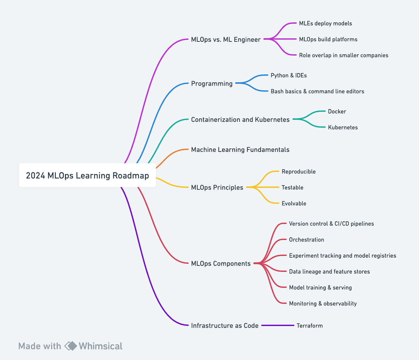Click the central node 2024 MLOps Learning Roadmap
point(87,175)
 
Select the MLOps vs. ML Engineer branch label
point(226,39)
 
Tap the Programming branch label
point(212,84)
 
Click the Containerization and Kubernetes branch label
point(240,120)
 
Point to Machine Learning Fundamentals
point(240,150)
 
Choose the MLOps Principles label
point(217,187)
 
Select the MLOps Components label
point(221,264)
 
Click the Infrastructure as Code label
point(225,325)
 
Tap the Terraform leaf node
point(309,325)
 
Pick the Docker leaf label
point(337,111)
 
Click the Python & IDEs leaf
point(288,75)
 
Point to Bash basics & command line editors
point(317,91)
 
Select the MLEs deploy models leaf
point(325,23)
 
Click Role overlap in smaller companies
point(343,55)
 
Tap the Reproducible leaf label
point(298,172)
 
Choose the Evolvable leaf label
point(294,203)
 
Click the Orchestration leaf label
point(306,240)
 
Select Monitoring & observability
point(323,303)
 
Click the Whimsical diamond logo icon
point(71,346)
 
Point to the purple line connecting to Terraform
point(278,325)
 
